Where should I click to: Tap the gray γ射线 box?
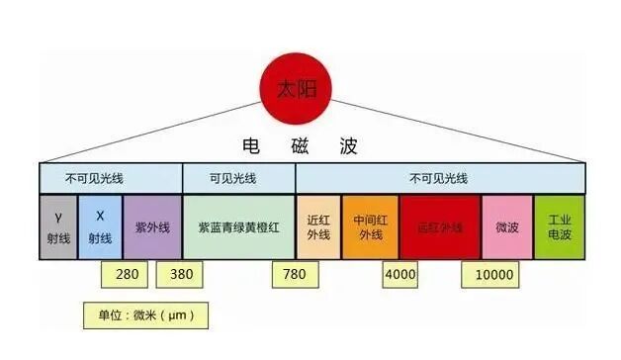pyautogui.click(x=60, y=226)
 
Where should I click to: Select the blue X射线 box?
pyautogui.click(x=101, y=226)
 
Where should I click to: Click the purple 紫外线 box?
pyautogui.click(x=151, y=226)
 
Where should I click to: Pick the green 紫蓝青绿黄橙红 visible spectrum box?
pyautogui.click(x=238, y=226)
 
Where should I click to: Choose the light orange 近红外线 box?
pyautogui.click(x=318, y=226)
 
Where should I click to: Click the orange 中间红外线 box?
pyautogui.click(x=370, y=226)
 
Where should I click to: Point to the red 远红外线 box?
pyautogui.click(x=440, y=226)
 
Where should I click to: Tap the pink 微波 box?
pyautogui.click(x=507, y=226)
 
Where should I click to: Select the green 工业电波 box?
pyautogui.click(x=560, y=226)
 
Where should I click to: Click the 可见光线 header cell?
pyautogui.click(x=238, y=179)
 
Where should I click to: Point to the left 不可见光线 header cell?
pyautogui.click(x=111, y=179)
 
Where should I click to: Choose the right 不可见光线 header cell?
pyautogui.click(x=439, y=179)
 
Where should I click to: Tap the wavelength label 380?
pyautogui.click(x=181, y=274)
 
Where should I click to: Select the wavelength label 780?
pyautogui.click(x=294, y=274)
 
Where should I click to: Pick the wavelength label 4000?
pyautogui.click(x=400, y=274)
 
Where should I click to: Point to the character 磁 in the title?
pyautogui.click(x=297, y=146)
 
